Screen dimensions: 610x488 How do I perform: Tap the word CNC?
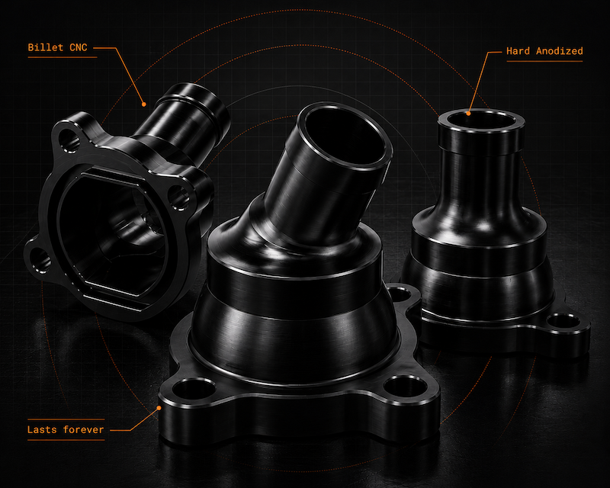pyautogui.click(x=79, y=47)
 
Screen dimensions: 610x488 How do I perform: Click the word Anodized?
pyautogui.click(x=560, y=51)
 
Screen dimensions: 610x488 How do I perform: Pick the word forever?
pyautogui.click(x=83, y=429)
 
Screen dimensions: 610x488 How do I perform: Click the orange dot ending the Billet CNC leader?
pyautogui.click(x=144, y=104)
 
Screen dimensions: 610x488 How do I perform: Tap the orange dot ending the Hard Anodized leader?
pyautogui.click(x=468, y=114)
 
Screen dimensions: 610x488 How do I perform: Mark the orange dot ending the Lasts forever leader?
pyautogui.click(x=159, y=408)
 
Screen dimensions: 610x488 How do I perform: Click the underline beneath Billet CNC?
pyautogui.click(x=63, y=57)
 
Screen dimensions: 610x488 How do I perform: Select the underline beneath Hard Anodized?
pyautogui.click(x=544, y=61)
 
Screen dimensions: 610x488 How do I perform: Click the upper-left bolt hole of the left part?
pyautogui.click(x=69, y=140)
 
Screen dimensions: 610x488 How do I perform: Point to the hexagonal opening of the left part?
pyautogui.click(x=113, y=233)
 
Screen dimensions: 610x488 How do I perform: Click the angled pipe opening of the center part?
pyautogui.click(x=344, y=136)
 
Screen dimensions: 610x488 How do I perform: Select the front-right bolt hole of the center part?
pyautogui.click(x=406, y=387)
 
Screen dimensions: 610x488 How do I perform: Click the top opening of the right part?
pyautogui.click(x=482, y=120)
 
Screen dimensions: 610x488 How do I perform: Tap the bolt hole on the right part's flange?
pyautogui.click(x=563, y=322)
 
